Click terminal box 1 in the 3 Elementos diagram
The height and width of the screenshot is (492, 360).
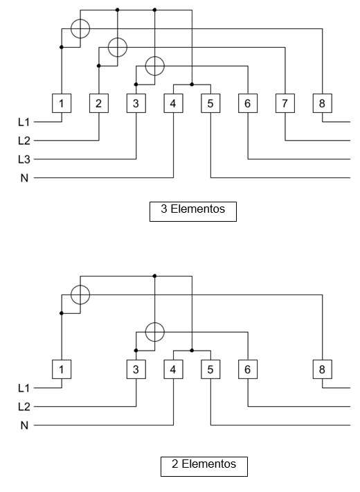[x=62, y=103]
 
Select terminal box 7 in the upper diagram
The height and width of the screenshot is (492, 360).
[x=285, y=103]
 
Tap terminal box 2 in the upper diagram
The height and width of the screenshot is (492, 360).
[x=99, y=103]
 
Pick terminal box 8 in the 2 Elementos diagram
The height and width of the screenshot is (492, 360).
[x=323, y=369]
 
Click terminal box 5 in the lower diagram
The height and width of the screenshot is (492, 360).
[x=210, y=369]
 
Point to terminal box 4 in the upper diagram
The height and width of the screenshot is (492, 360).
[x=173, y=103]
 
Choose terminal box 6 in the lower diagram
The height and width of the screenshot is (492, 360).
[x=248, y=369]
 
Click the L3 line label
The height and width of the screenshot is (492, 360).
[x=24, y=159]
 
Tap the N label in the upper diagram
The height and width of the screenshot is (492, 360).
[x=24, y=178]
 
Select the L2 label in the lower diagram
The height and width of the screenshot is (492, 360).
[x=24, y=407]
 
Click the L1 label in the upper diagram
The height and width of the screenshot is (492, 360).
[x=24, y=122]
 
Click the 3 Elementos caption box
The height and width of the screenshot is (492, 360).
[x=193, y=211]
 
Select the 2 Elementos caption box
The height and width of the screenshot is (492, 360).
[x=204, y=466]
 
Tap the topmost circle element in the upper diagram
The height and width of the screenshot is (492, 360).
[x=80, y=19]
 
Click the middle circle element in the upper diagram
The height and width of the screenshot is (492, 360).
[x=118, y=38]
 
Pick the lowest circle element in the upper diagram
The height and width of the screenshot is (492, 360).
[x=155, y=57]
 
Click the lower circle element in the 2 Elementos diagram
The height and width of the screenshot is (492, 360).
[x=155, y=322]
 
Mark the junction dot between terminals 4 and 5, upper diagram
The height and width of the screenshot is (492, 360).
[x=192, y=85]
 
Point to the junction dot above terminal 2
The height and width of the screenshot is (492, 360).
[x=99, y=66]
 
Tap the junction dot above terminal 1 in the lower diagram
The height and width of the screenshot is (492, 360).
[x=62, y=313]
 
